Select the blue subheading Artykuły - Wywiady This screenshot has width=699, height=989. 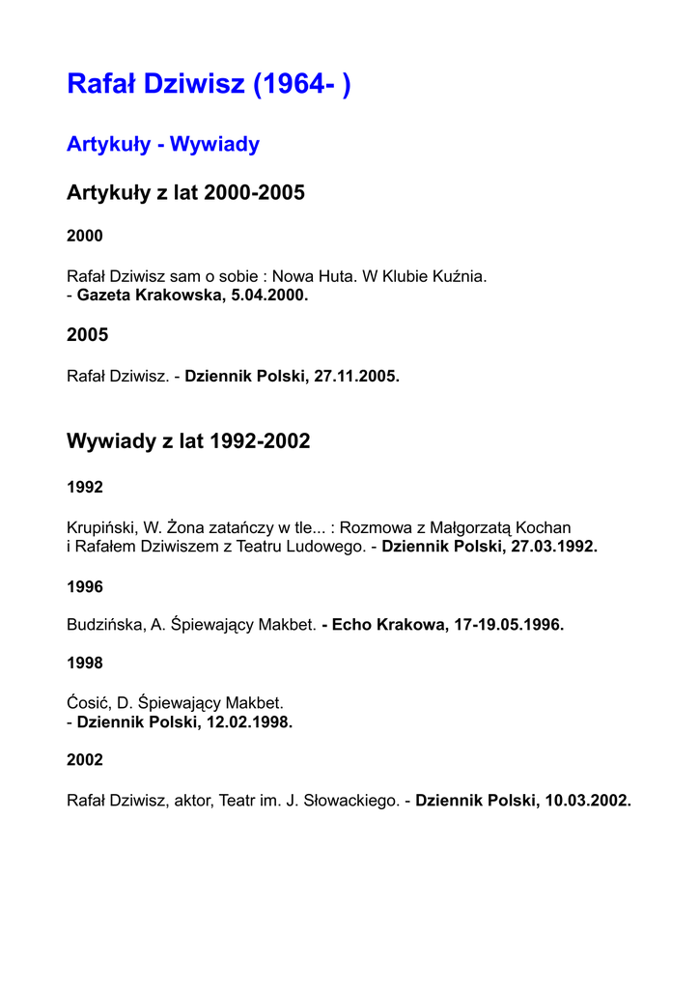pyautogui.click(x=163, y=145)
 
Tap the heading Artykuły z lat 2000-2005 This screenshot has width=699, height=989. pyautogui.click(x=185, y=193)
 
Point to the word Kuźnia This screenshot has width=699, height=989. pyautogui.click(x=460, y=277)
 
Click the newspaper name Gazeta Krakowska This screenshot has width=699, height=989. pyautogui.click(x=150, y=296)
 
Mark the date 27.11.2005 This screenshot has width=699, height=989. pyautogui.click(x=356, y=377)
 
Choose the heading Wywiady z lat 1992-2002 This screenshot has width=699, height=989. pyautogui.click(x=188, y=442)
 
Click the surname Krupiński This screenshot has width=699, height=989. pyautogui.click(x=101, y=528)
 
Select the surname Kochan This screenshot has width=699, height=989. pyautogui.click(x=544, y=528)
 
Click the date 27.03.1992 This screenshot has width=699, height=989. pyautogui.click(x=554, y=547)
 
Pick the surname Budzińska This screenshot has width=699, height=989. pyautogui.click(x=105, y=625)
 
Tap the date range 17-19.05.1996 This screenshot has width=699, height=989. pyautogui.click(x=509, y=625)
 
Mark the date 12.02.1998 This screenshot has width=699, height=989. pyautogui.click(x=249, y=721)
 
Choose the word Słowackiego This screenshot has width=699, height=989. pyautogui.click(x=349, y=801)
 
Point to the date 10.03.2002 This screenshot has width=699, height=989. pyautogui.click(x=588, y=801)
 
